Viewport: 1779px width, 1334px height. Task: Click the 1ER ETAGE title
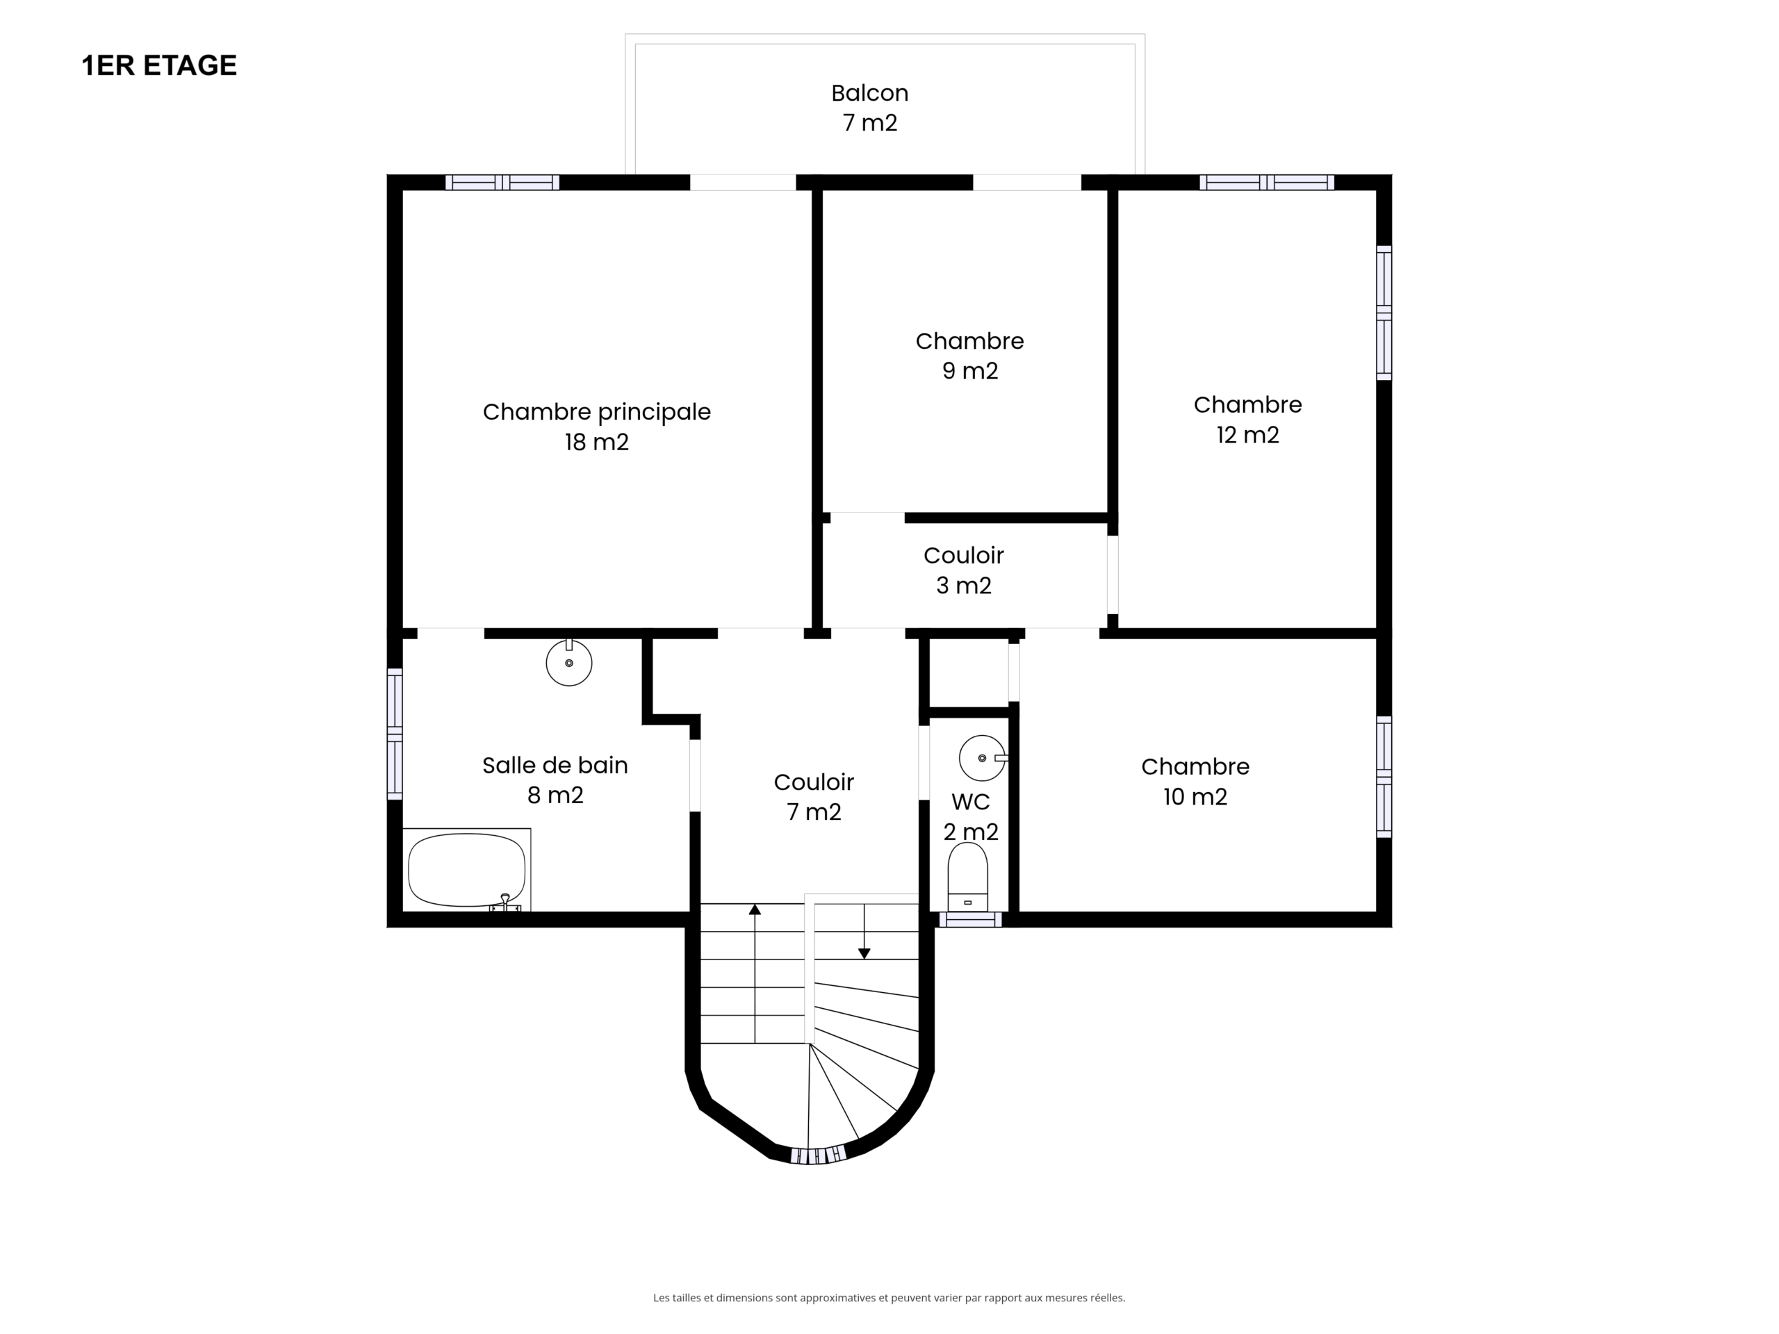159,66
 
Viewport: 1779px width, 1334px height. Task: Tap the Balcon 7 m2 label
869,108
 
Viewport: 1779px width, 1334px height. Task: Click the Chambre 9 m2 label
969,356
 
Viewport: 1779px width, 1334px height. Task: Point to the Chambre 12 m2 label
1247,419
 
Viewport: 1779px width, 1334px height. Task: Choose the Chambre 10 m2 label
1195,781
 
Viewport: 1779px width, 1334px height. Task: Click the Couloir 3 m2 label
963,570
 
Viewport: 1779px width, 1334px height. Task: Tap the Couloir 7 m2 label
814,796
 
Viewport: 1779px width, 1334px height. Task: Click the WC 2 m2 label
971,816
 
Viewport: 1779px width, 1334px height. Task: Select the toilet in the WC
967,876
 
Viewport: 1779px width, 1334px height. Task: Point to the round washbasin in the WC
982,757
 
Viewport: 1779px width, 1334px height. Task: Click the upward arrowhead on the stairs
755,909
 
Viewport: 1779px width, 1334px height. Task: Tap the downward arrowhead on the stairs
864,954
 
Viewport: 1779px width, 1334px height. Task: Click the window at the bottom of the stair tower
817,1155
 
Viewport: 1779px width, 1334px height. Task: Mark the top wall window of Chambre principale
502,183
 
